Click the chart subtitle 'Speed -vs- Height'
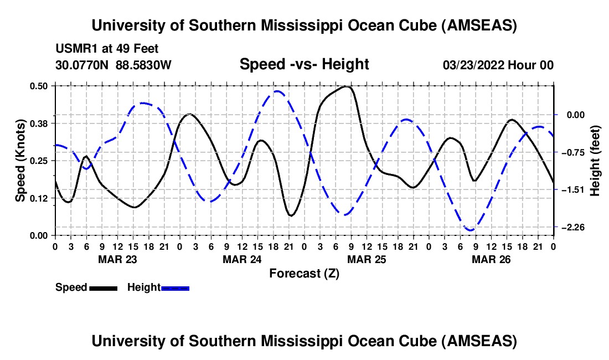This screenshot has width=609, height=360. coord(304,64)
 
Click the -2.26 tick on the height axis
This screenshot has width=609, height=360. coord(569,227)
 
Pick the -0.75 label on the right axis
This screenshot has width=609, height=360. coord(569,152)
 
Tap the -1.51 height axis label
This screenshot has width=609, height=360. coord(569,189)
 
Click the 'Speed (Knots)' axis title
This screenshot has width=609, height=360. coord(20,160)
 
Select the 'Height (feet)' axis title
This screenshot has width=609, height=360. coord(595,160)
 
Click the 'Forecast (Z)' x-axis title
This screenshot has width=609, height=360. coord(304,273)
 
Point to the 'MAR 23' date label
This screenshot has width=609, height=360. coord(117,259)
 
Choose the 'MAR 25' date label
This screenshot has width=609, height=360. coord(367,259)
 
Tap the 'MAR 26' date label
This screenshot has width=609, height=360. coord(491,259)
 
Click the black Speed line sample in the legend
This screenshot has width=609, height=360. coord(103,288)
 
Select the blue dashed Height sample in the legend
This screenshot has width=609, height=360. coord(176,288)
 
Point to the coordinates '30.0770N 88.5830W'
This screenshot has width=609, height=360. coord(113,65)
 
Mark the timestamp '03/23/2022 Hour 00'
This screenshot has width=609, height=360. coord(498,65)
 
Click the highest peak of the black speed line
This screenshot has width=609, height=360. coord(347,86)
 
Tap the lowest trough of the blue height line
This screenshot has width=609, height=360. coord(471,230)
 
